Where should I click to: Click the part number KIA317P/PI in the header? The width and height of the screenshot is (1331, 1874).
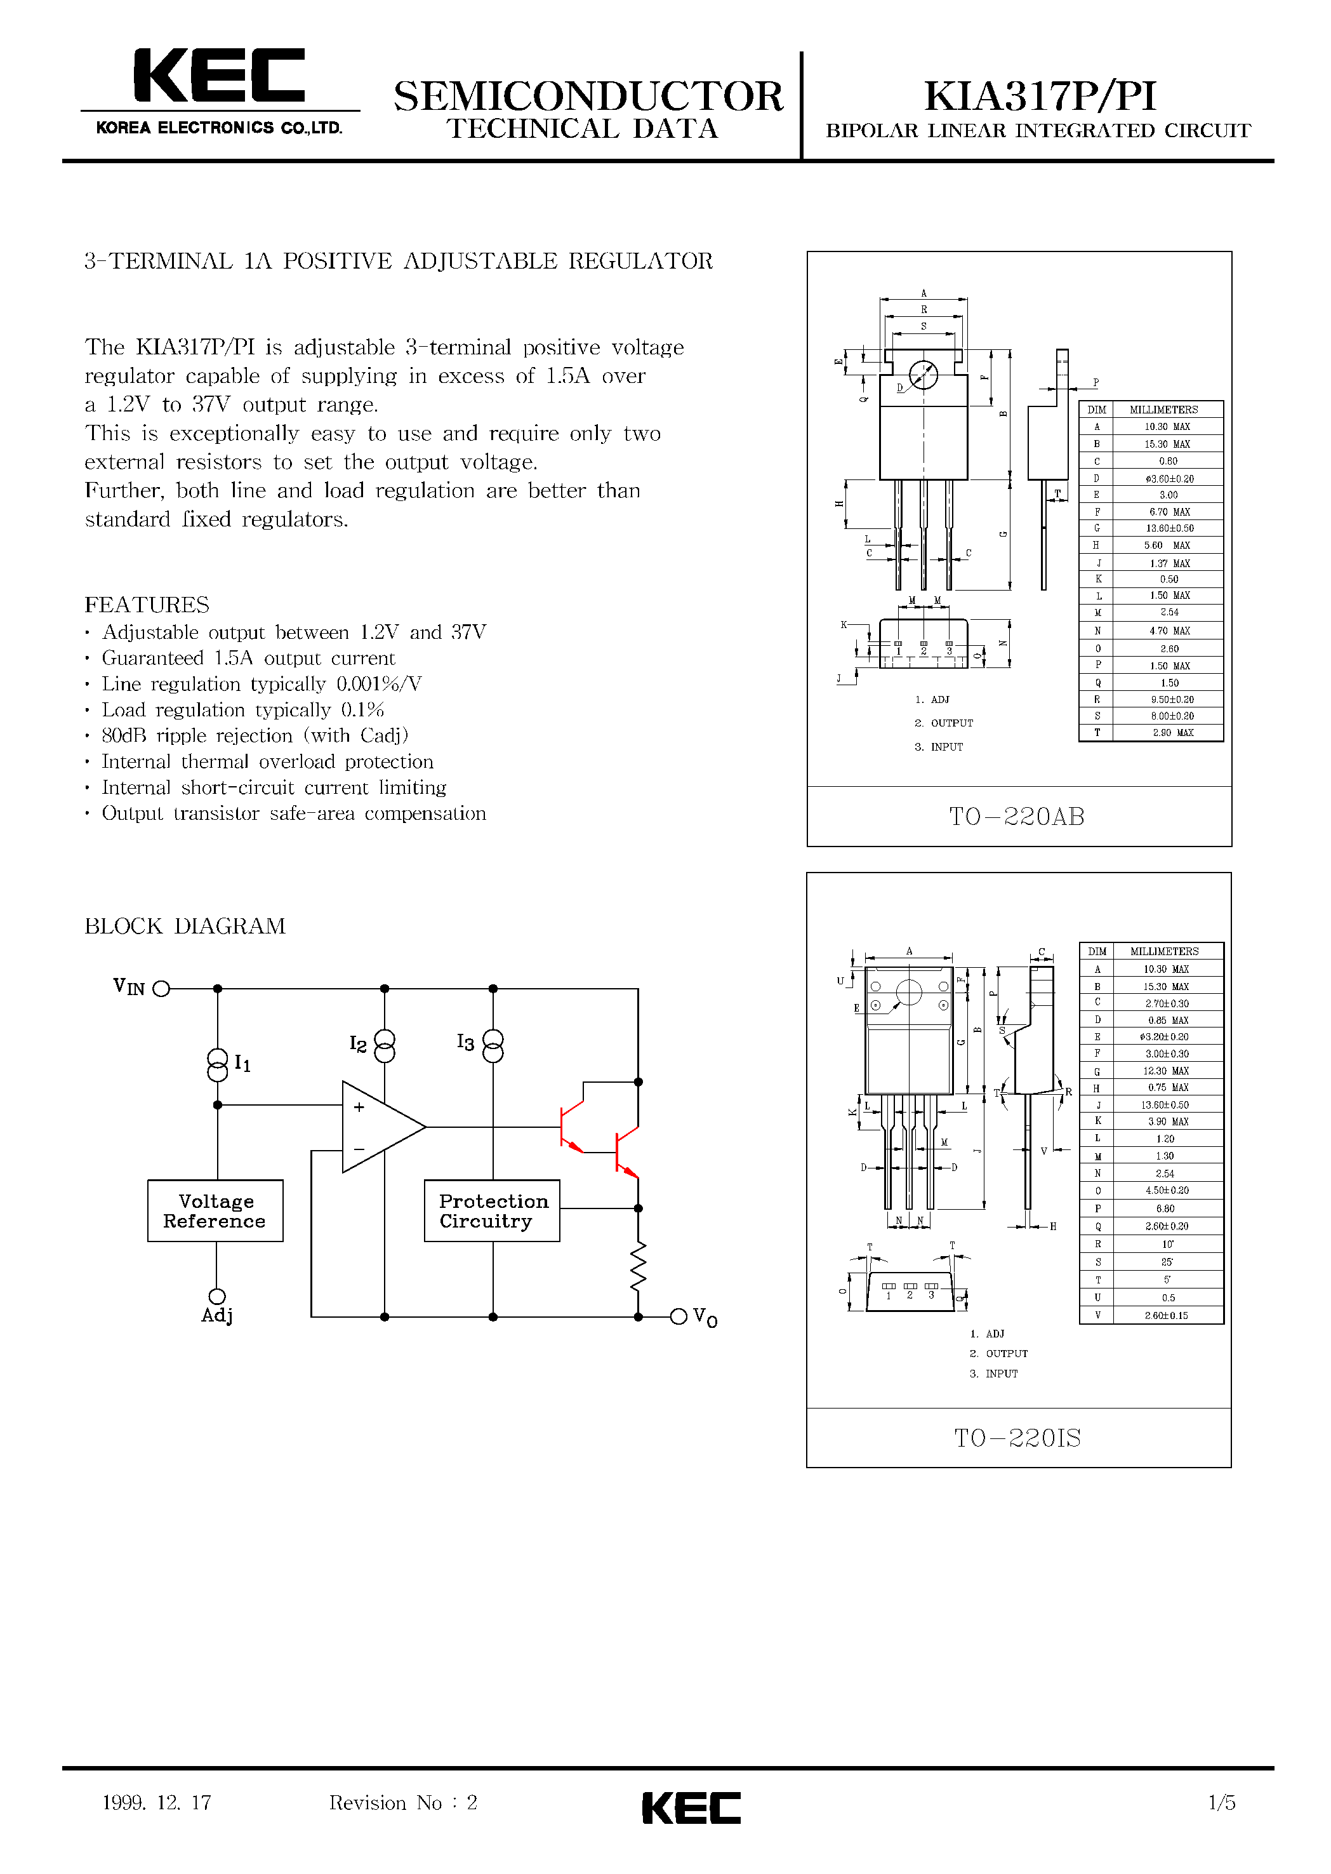click(1039, 97)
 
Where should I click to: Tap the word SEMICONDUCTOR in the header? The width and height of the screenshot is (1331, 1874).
click(588, 97)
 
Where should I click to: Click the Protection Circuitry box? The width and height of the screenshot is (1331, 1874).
click(492, 1211)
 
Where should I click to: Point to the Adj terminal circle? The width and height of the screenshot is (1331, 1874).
click(217, 1296)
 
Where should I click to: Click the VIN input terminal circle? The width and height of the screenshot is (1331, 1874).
click(161, 989)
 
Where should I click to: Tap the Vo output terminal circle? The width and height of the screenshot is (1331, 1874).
click(678, 1316)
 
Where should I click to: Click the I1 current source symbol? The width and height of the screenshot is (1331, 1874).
click(218, 1064)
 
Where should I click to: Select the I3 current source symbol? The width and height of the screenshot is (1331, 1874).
click(493, 1046)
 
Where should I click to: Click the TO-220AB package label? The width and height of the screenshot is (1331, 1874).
click(1016, 817)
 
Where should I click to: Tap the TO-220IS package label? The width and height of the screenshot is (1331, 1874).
click(1017, 1438)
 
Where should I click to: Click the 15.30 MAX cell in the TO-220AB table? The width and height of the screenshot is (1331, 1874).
click(1167, 443)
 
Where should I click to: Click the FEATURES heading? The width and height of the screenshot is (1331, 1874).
click(147, 605)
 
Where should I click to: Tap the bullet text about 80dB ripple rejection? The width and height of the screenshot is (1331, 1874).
click(254, 735)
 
